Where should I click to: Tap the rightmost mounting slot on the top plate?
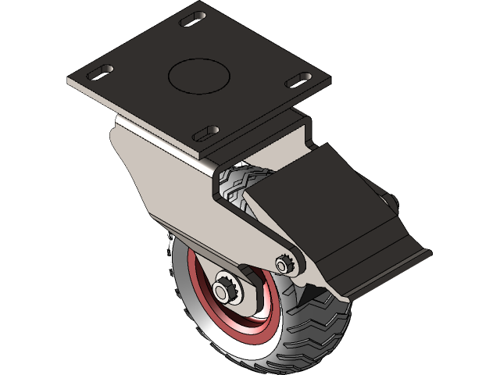(297, 80)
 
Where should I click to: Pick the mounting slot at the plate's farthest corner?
(191, 19)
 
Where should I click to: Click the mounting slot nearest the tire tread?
(205, 133)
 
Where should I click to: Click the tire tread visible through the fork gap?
(234, 183)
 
